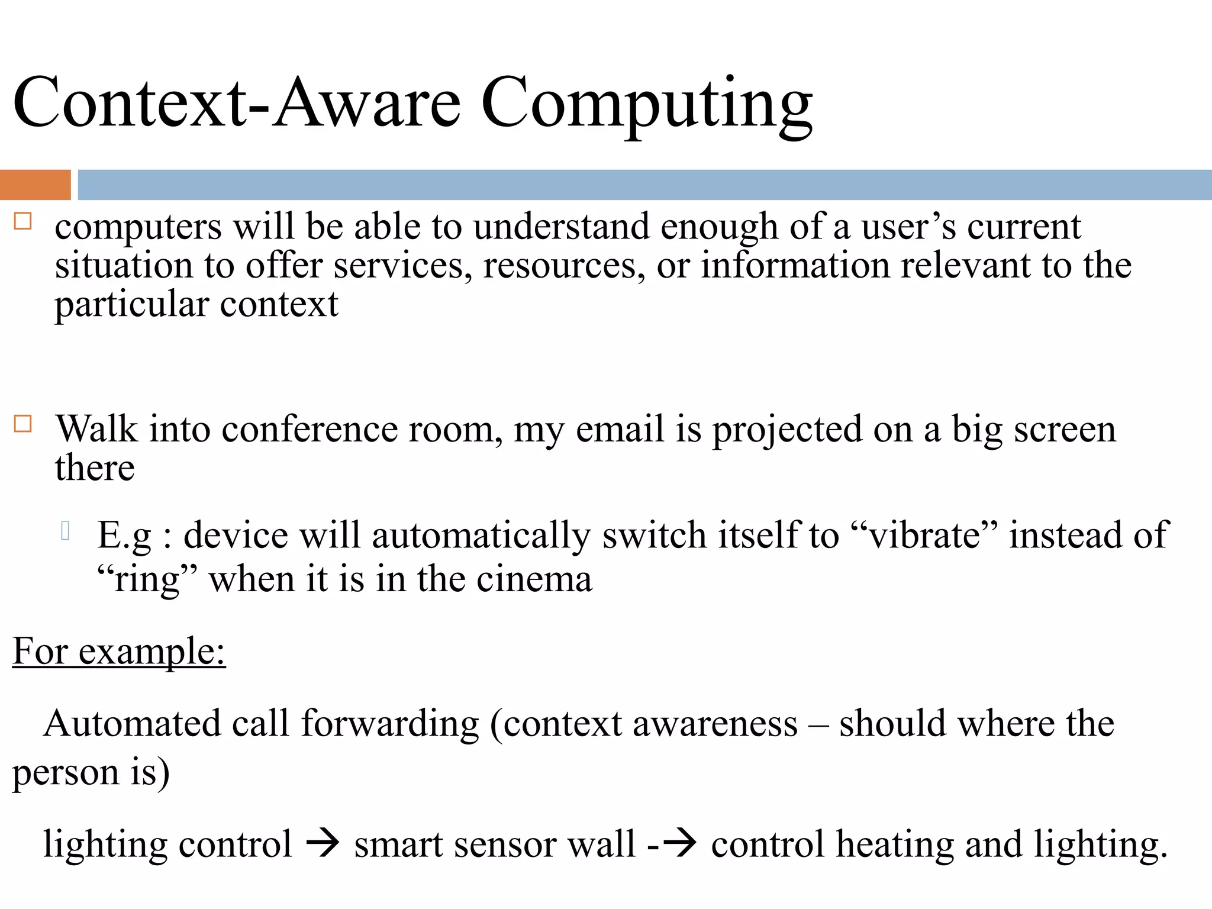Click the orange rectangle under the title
tap(35, 185)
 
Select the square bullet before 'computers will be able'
tap(22, 222)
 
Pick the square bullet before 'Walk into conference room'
tap(22, 424)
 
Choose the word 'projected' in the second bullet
tap(787, 431)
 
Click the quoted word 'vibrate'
tap(924, 536)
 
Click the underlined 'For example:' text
tap(119, 652)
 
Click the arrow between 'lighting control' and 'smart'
tap(323, 844)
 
